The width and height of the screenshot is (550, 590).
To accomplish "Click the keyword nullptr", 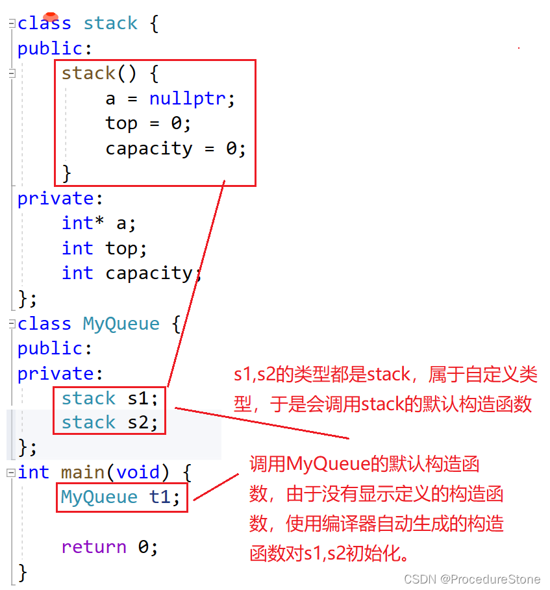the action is point(188,98).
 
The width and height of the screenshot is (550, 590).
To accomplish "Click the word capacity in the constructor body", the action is point(149,149).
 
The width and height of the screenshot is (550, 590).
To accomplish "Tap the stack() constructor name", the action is point(89,73).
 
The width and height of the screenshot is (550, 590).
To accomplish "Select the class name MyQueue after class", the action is point(121,324).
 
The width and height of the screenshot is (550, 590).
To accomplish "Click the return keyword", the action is point(94,547).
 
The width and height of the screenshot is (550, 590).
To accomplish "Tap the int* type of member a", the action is point(82,223).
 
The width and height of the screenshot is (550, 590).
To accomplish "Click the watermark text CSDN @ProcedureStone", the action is point(472,579).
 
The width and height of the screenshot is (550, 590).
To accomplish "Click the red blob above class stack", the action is point(51,16).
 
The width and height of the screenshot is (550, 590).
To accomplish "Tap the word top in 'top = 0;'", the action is point(121,123).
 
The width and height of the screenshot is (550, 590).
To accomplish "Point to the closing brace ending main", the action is point(23,572).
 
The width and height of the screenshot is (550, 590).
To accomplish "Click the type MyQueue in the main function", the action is point(99,497).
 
